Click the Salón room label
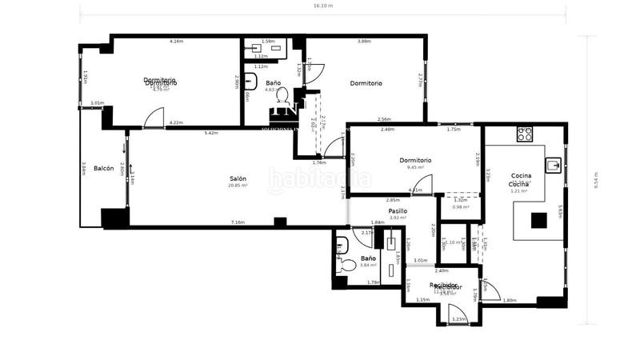[x=238, y=178]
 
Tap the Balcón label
[x=103, y=168]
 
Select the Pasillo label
[x=399, y=210]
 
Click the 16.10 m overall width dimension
[x=322, y=6]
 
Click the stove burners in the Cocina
[x=525, y=134]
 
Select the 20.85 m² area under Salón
[x=238, y=186]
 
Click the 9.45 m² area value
[x=414, y=167]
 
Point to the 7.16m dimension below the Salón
[x=238, y=222]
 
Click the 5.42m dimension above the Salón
[x=211, y=133]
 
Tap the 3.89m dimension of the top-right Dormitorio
[x=364, y=41]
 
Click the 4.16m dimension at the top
[x=176, y=41]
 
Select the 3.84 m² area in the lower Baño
[x=368, y=266]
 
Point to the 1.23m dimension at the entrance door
[x=458, y=319]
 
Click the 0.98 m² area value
[x=460, y=207]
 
